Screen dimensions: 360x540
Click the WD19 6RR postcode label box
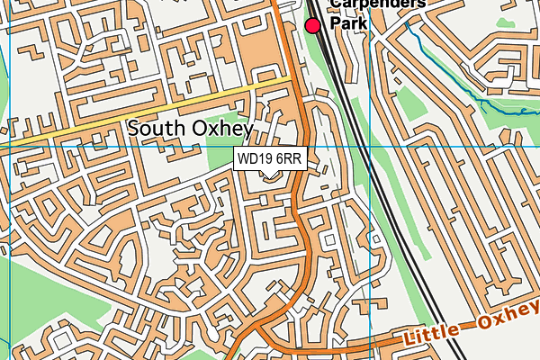(x=269, y=158)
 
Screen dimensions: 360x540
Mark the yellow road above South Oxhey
(x=162, y=108)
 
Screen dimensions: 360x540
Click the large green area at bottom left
(x=36, y=306)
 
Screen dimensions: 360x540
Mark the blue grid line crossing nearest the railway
(x=370, y=144)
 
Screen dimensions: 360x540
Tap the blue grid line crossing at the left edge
(x=8, y=144)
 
